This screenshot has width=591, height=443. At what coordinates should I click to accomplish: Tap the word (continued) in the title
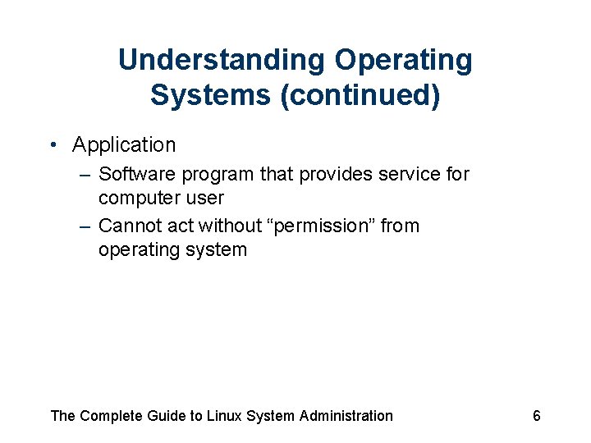point(360,95)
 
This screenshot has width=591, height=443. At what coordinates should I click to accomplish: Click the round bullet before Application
point(52,145)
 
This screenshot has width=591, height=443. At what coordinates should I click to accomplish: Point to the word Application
point(124,145)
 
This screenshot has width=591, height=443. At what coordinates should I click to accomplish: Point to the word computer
point(138,199)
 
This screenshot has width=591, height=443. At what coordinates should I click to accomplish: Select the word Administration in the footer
point(346,416)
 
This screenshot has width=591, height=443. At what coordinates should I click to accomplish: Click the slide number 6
point(537,416)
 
